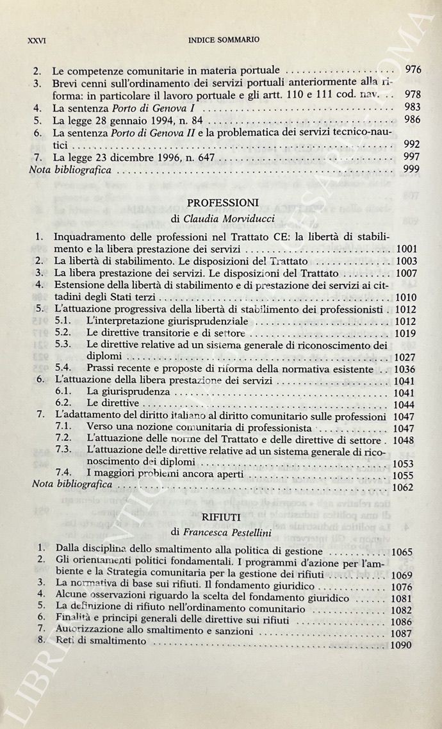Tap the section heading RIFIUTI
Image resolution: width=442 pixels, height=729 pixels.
pos(221,514)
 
